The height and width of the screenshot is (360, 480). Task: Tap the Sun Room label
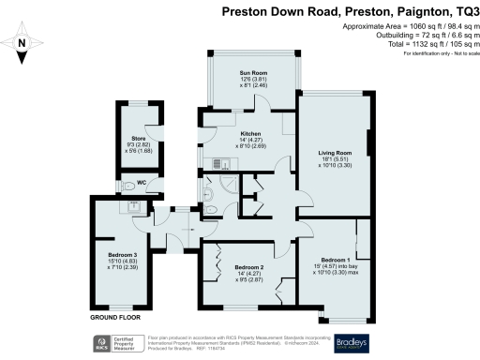tap(253, 72)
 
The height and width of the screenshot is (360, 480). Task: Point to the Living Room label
tap(335, 152)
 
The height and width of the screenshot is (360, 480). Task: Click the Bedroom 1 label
tap(335, 260)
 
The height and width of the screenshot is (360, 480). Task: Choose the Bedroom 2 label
tap(248, 267)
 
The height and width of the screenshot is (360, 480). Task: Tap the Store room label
tap(138, 139)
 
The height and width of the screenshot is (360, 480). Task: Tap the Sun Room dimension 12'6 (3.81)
tap(253, 79)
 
